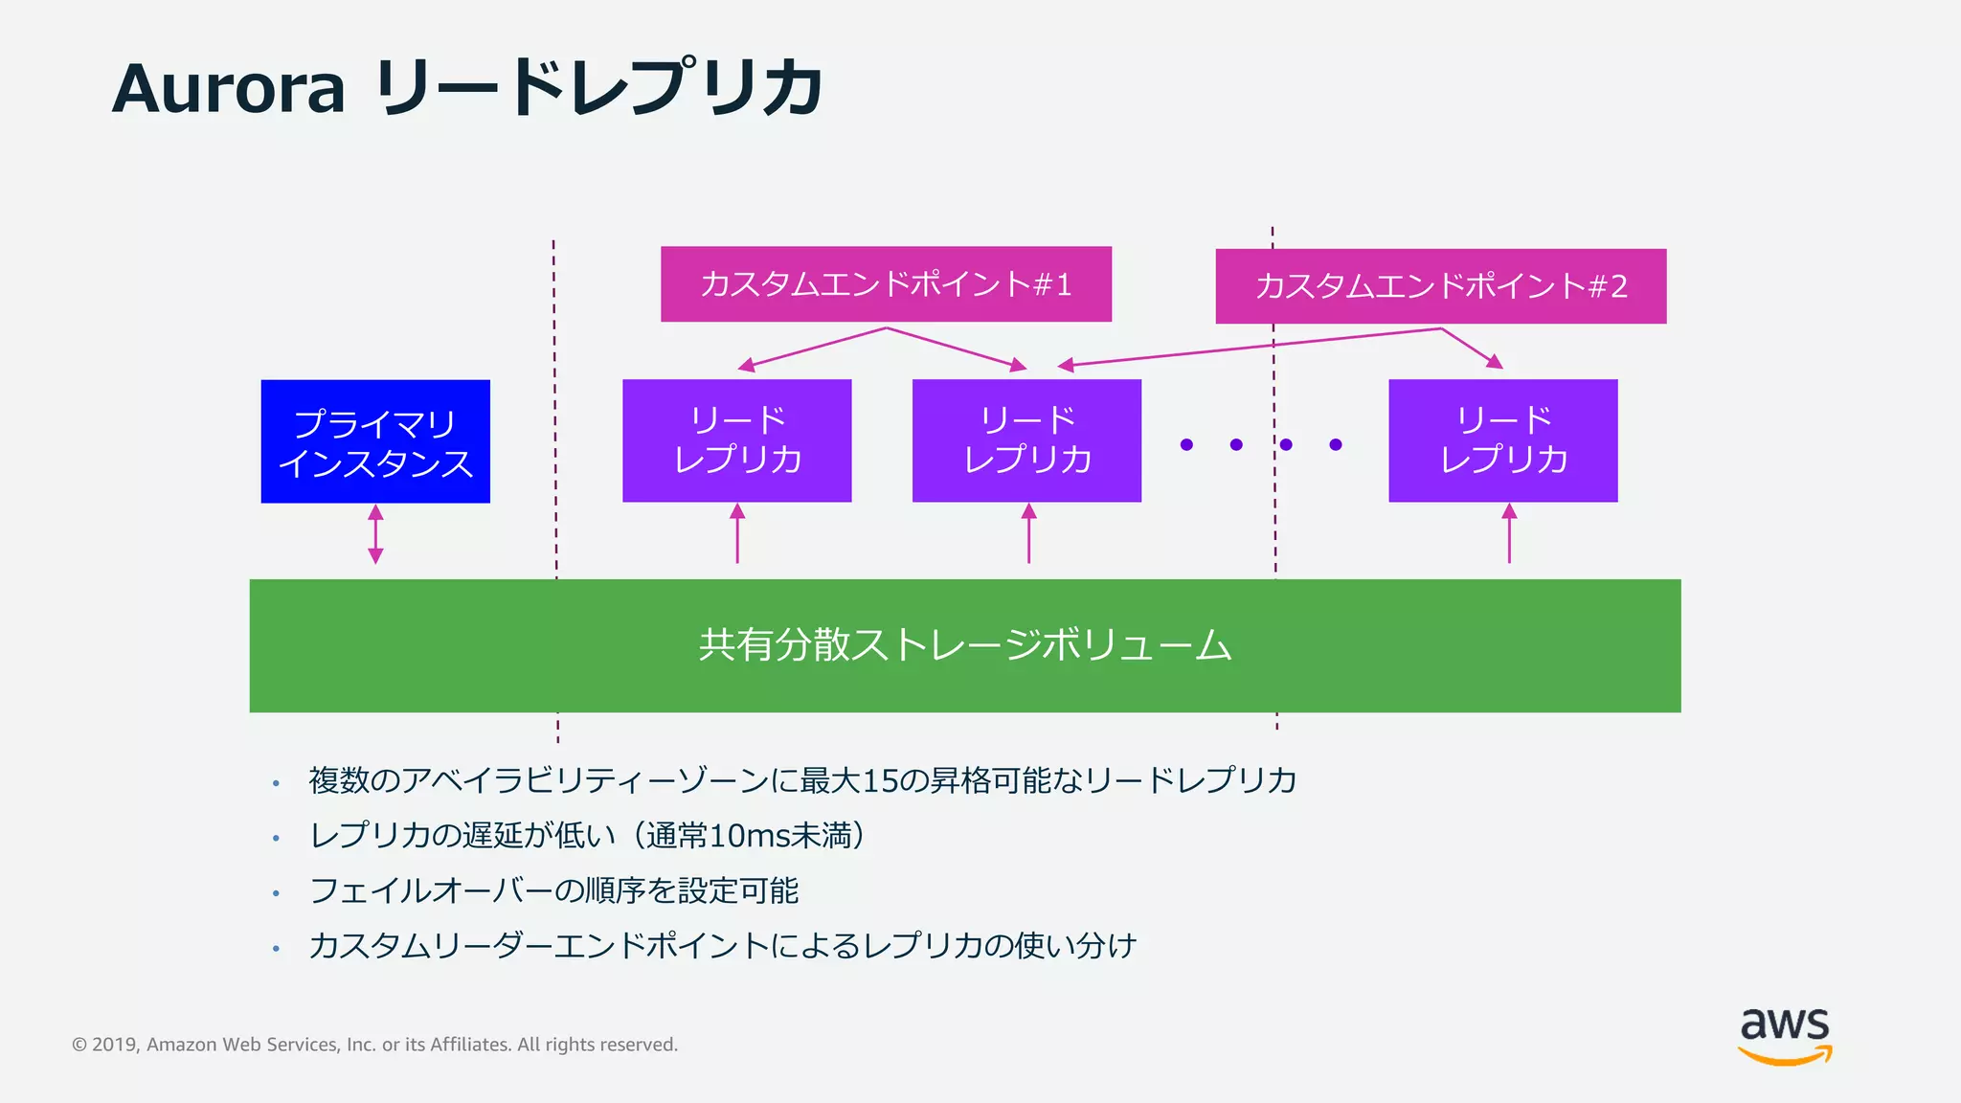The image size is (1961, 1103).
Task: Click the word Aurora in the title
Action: point(228,88)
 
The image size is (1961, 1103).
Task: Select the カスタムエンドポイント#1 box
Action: point(886,284)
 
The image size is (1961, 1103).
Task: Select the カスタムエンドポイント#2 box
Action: point(1440,286)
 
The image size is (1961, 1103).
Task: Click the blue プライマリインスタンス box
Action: point(375,441)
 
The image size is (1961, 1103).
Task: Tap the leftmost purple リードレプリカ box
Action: point(736,440)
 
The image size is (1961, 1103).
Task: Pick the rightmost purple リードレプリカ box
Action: point(1502,440)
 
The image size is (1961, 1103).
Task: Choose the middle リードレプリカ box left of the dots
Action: point(1026,440)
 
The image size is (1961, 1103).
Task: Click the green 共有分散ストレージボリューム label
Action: point(964,644)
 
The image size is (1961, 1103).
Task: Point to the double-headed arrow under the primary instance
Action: point(375,534)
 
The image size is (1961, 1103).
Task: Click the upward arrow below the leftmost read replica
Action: point(737,534)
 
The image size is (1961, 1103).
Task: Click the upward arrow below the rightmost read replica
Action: point(1509,534)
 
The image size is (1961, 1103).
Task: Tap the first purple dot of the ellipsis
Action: point(1186,444)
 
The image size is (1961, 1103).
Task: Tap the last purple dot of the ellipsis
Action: point(1336,444)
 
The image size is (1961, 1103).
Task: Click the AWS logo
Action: point(1785,1034)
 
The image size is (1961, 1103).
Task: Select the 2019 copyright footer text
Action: point(374,1045)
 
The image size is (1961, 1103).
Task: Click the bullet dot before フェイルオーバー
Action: point(276,893)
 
